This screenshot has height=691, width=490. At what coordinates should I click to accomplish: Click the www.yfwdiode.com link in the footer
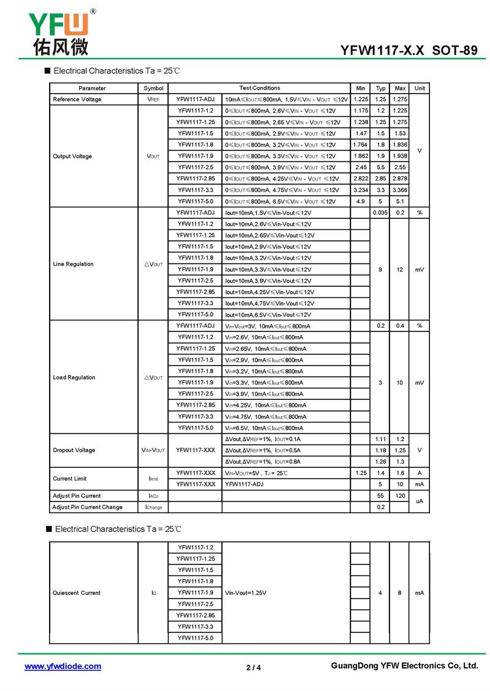point(62,667)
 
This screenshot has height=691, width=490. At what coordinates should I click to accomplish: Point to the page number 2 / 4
point(253,667)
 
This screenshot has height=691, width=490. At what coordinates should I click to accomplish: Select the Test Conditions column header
point(259,88)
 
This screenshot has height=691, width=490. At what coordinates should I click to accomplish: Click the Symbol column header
point(153,88)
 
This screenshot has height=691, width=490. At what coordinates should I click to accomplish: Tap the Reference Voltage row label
point(77,99)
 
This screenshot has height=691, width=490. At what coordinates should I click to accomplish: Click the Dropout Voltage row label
point(74,450)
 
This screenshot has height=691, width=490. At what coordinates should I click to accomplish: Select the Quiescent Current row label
point(77,593)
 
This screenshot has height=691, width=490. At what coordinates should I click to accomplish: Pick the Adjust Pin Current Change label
point(87,507)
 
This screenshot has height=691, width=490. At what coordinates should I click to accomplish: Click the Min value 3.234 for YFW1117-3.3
point(360,190)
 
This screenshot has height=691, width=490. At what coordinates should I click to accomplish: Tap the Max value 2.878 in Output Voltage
point(400,179)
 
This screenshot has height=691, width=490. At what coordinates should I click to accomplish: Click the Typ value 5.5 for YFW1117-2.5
point(380,168)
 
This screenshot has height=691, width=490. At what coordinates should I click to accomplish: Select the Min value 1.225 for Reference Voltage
point(360,99)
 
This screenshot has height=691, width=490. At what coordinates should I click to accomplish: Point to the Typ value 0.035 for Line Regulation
point(380,213)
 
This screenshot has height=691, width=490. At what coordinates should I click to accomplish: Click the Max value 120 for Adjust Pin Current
point(400,496)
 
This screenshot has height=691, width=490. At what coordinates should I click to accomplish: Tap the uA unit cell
point(420,501)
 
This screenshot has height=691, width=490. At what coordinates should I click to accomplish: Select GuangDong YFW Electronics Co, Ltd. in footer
point(404,666)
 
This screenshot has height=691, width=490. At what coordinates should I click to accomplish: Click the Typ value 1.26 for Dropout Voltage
point(380,462)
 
